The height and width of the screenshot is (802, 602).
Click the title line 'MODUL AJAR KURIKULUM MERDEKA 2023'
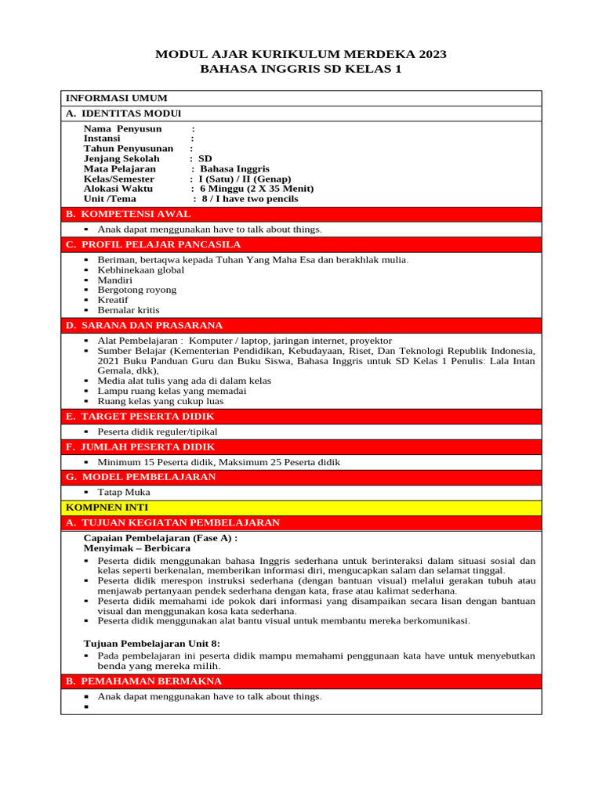pyautogui.click(x=301, y=54)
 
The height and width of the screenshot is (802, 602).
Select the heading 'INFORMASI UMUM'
pyautogui.click(x=116, y=98)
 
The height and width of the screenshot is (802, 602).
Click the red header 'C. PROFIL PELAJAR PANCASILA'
pyautogui.click(x=153, y=244)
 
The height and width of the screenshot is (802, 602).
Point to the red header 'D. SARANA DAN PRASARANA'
pyautogui.click(x=144, y=325)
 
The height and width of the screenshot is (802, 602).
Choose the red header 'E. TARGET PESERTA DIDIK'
pyautogui.click(x=140, y=416)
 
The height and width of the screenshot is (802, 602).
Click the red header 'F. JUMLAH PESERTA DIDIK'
pyautogui.click(x=141, y=446)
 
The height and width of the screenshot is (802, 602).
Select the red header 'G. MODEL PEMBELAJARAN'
pyautogui.click(x=140, y=476)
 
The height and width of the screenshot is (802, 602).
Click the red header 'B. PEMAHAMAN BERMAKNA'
pyautogui.click(x=143, y=681)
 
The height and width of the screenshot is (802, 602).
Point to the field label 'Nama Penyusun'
pyautogui.click(x=123, y=128)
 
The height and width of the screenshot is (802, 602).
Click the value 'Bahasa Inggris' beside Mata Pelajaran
pyautogui.click(x=234, y=168)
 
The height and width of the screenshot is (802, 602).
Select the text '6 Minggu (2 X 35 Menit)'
pyautogui.click(x=256, y=189)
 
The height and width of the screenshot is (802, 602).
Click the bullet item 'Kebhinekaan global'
pyautogui.click(x=141, y=270)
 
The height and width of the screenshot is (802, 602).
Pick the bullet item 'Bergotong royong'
pyautogui.click(x=137, y=290)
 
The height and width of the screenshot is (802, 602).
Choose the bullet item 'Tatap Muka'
pyautogui.click(x=124, y=492)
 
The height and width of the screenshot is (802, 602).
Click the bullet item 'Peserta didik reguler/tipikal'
pyautogui.click(x=158, y=432)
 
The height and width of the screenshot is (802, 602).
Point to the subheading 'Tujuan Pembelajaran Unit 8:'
pyautogui.click(x=152, y=643)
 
